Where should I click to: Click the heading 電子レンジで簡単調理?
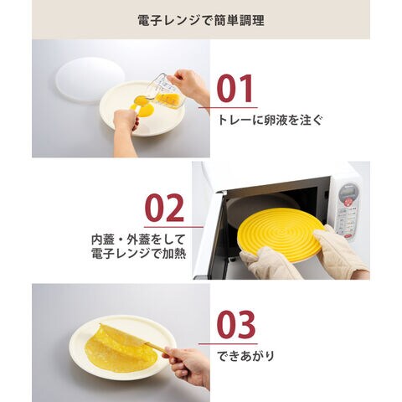coord(201,20)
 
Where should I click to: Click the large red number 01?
coord(235,89)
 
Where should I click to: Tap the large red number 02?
coord(164,208)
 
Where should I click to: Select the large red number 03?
coord(236,325)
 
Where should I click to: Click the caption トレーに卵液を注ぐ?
coord(270,120)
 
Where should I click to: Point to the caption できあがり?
coord(245,356)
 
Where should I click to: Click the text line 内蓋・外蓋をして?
coord(138,240)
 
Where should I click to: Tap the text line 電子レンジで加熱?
coord(138,254)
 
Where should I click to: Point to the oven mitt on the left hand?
coord(271,263)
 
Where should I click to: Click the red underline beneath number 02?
coord(173,227)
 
